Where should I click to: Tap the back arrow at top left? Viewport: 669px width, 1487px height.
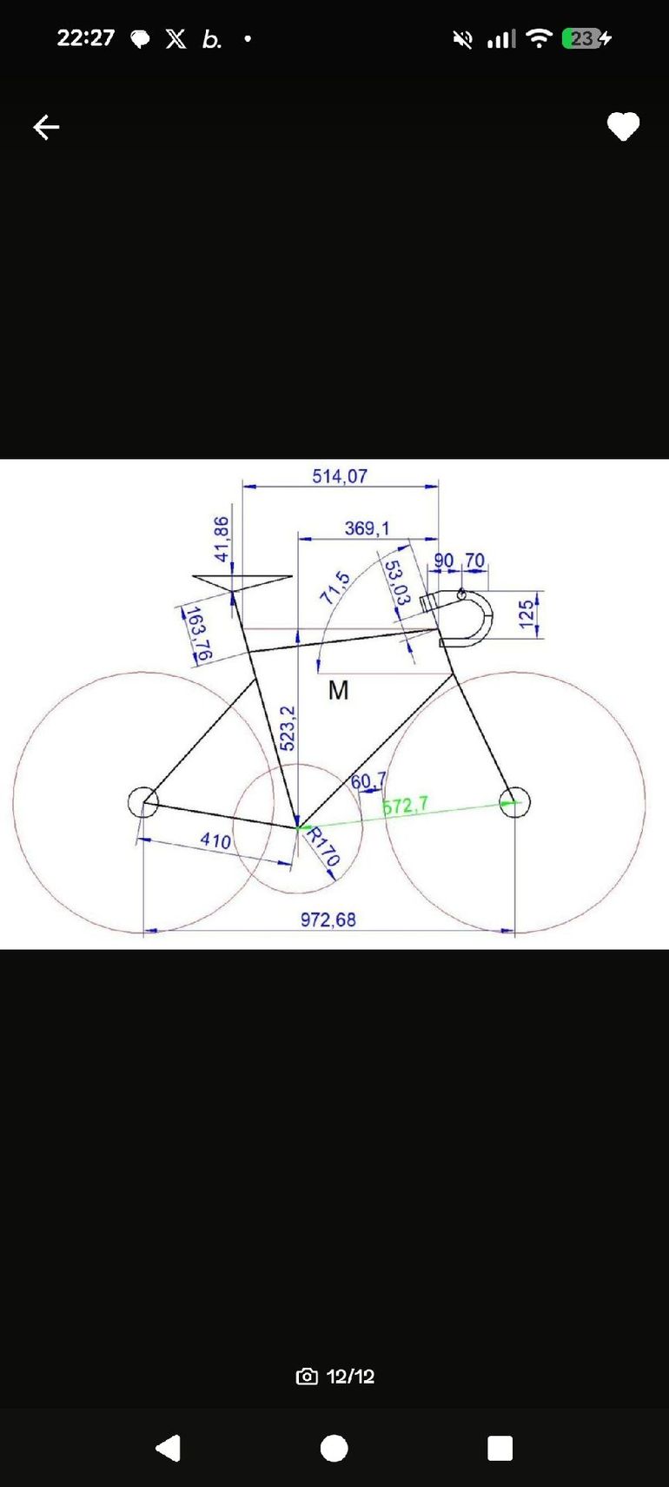coord(46,127)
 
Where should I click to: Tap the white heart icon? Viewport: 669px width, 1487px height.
coord(623,126)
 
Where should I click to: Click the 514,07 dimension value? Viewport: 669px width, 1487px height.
coord(340,476)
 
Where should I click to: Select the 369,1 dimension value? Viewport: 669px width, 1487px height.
coord(367,528)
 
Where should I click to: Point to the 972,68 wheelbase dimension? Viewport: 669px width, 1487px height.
coord(328,919)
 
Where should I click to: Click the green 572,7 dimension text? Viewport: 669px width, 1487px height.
coord(406,807)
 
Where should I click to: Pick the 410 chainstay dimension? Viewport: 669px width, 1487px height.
coord(215,841)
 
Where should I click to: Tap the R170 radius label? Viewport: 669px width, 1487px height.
coord(323,847)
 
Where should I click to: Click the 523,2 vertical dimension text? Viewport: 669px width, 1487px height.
coord(288,728)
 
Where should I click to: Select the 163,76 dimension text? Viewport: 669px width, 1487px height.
coord(198,634)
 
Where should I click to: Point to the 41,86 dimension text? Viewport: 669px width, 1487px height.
coord(222,539)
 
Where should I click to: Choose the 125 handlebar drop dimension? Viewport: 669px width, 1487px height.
coord(527,614)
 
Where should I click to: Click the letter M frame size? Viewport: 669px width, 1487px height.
coord(339,690)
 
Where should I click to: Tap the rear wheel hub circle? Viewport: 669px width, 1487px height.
coord(142,802)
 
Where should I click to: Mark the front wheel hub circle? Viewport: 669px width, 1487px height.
coord(515,802)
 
